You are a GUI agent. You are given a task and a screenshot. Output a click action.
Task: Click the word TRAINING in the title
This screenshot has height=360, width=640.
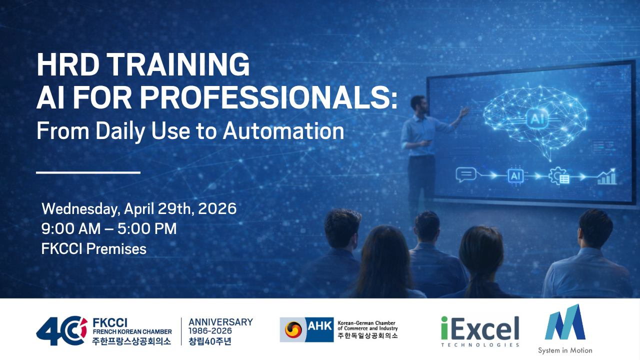(178, 64)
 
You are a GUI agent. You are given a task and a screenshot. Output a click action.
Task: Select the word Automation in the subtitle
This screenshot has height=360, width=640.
(283, 131)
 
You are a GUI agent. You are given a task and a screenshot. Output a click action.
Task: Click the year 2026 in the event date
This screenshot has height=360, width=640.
(217, 208)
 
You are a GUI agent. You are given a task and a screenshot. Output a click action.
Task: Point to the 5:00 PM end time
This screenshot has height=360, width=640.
(147, 229)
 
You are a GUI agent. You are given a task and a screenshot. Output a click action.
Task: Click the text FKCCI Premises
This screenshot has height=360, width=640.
(93, 249)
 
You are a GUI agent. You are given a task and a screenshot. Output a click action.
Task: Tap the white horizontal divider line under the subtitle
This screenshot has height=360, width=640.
(88, 172)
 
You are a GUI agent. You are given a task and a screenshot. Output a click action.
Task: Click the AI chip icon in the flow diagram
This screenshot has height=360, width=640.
(515, 176)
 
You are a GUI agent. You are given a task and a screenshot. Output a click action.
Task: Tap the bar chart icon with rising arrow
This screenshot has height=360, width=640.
(607, 176)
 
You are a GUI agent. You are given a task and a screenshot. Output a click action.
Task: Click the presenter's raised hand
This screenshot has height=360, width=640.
(464, 112)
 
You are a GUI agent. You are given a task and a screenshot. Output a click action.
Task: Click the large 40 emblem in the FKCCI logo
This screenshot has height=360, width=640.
(61, 330)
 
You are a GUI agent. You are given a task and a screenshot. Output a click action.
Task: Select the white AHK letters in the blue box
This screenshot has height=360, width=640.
(319, 325)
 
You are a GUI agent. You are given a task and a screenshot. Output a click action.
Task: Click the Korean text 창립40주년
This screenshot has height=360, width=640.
(210, 341)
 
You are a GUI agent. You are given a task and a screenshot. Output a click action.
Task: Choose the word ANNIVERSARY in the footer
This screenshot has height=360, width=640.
(220, 322)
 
